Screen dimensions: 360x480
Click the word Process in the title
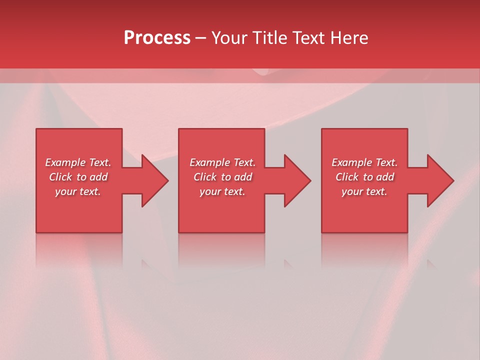click(157, 38)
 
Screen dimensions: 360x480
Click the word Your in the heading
click(229, 38)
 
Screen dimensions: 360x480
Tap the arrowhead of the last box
click(439, 180)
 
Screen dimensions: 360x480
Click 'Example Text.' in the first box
click(78, 162)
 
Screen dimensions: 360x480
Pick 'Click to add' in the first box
click(78, 177)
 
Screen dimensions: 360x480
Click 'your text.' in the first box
click(78, 191)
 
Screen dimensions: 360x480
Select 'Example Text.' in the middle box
click(222, 162)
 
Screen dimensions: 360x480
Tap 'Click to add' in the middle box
click(222, 177)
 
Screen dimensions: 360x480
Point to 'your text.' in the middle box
click(222, 191)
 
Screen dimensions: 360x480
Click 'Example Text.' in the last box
click(364, 162)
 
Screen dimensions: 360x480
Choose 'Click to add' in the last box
click(364, 177)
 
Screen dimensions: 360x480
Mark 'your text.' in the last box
click(364, 191)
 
